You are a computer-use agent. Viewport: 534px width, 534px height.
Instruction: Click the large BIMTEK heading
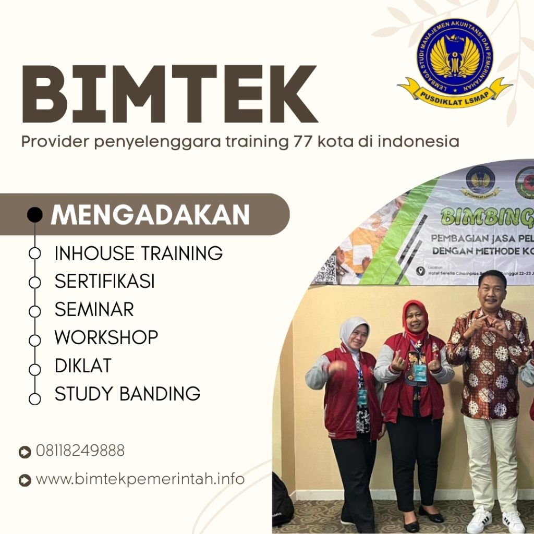pyautogui.click(x=169, y=94)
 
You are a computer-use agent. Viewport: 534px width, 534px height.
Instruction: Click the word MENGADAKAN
pyautogui.click(x=150, y=215)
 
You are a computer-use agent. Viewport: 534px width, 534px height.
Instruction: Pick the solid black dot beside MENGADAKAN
pyautogui.click(x=34, y=214)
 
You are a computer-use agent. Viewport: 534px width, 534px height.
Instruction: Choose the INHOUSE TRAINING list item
pyautogui.click(x=138, y=253)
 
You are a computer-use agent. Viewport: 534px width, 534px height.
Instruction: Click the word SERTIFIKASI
pyautogui.click(x=104, y=282)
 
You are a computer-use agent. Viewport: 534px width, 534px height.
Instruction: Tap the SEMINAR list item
pyautogui.click(x=94, y=310)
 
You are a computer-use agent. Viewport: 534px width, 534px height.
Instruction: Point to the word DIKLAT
pyautogui.click(x=83, y=366)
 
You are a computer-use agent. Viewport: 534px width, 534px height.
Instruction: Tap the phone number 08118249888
pyautogui.click(x=80, y=451)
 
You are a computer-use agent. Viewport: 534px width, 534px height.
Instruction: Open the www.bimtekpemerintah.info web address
pyautogui.click(x=140, y=479)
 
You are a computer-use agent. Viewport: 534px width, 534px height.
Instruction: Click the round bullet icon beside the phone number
pyautogui.click(x=25, y=452)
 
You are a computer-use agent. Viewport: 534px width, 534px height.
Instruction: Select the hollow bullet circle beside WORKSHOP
pyautogui.click(x=34, y=340)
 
